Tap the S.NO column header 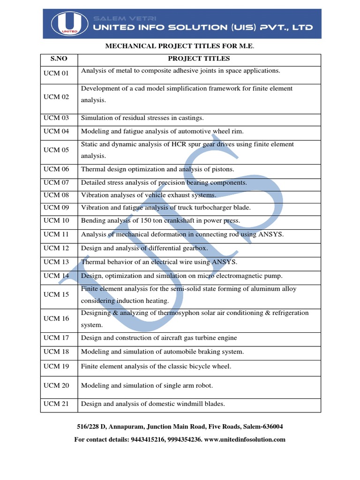point(59,59)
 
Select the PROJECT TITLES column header point(199,59)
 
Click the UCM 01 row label point(56,73)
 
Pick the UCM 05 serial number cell point(56,150)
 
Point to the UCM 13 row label point(56,262)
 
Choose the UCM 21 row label point(56,404)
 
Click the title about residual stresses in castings point(142,118)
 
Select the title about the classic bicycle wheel point(156,366)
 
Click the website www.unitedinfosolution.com point(245,440)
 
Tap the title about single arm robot point(147,385)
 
